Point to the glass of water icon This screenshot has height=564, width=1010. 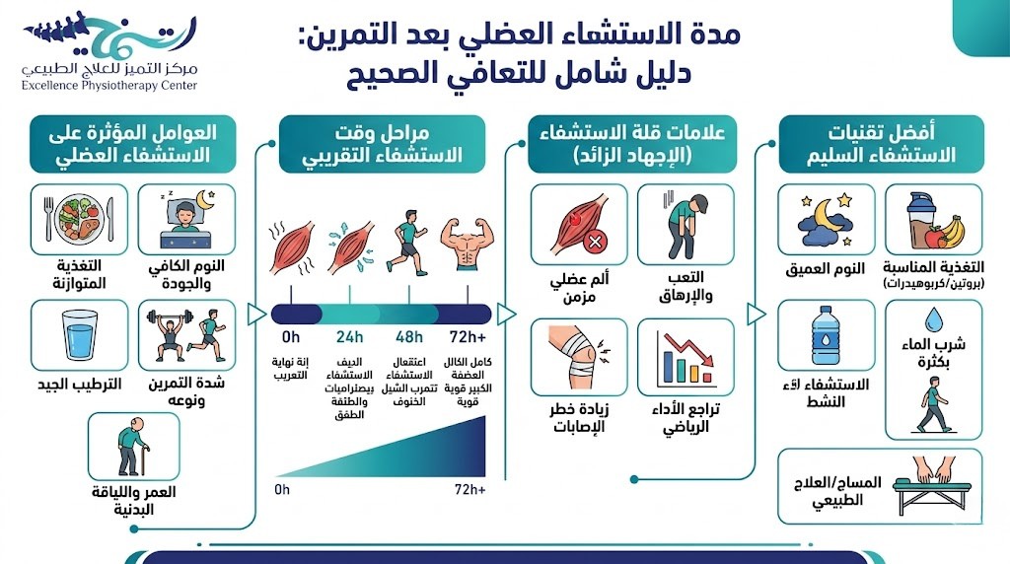[x=79, y=335]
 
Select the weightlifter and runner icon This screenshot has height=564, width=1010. [x=186, y=335]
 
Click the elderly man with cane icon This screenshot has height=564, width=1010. [x=133, y=448]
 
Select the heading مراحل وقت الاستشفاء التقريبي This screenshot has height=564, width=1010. [x=382, y=144]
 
